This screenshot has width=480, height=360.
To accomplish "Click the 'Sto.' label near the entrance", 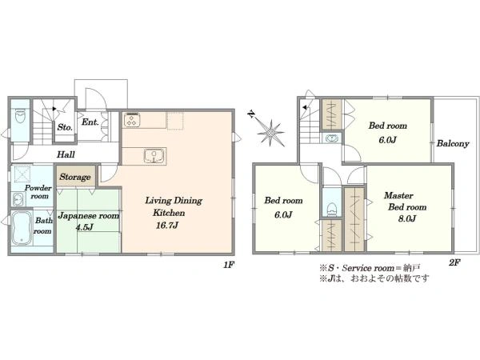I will click(x=63, y=126).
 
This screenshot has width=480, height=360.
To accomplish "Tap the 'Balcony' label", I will click(x=452, y=144).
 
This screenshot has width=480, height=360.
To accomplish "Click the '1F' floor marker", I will click(x=228, y=265).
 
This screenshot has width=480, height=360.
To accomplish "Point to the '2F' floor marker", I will click(x=454, y=262).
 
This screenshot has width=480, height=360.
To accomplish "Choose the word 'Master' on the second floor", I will click(x=398, y=195).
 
